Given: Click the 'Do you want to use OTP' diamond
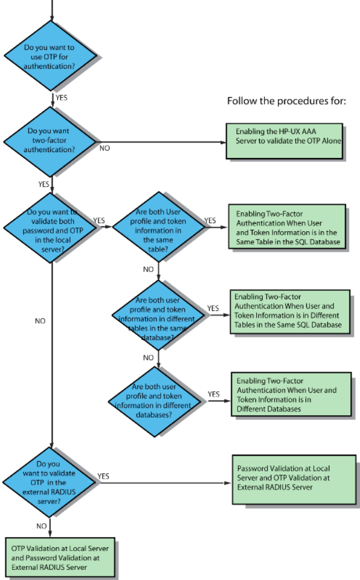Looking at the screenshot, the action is coord(51,56).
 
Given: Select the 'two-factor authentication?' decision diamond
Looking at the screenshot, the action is coord(50,142).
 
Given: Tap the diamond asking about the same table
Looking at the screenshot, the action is coord(158,227).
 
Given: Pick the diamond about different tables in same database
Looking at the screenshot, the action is coord(158,315).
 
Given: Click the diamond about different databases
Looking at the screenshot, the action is coord(155,402).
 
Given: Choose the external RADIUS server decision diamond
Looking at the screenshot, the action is coord(50,482).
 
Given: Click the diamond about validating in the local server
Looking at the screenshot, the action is coord(51,228).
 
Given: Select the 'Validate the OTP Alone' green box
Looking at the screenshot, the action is coord(284,141).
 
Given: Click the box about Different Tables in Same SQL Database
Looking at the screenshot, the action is coord(290,312).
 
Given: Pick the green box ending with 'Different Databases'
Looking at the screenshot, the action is coord(291,394).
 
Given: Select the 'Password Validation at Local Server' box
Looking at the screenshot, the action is coord(294,479).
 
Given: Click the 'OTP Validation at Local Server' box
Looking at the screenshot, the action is coord(60,557).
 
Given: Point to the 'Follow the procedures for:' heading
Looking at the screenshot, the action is coord(286,101).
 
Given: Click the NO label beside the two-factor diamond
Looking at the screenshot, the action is coord(105,148).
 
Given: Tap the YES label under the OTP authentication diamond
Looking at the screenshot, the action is coord(62,97).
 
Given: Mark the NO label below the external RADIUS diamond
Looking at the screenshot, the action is coord(42,526).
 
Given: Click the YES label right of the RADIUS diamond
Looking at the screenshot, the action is coord(103,476).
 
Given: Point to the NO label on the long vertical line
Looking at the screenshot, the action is coord(40,320).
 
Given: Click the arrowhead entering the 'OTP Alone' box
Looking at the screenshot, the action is coord(223,142).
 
